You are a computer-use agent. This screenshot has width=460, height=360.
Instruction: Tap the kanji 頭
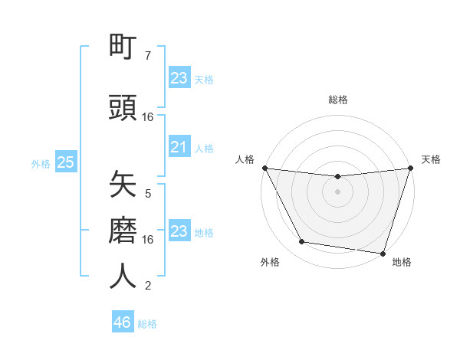[123, 108]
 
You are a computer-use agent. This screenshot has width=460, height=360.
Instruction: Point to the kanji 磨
[123, 231]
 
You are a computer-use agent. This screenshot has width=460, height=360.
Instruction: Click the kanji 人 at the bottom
[123, 276]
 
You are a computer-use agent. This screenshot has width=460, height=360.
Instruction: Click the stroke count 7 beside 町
[148, 56]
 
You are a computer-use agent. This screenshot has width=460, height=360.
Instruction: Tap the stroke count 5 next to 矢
[148, 194]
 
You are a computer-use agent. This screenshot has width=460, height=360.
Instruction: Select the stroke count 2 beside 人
[148, 286]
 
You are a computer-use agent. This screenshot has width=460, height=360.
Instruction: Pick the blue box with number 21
[179, 147]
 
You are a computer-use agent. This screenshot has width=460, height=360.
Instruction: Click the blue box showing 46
[122, 322]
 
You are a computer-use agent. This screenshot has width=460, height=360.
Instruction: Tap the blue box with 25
[65, 162]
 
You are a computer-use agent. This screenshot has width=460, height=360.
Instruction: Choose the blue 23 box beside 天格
[179, 78]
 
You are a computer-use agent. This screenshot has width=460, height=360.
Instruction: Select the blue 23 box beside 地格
[179, 231]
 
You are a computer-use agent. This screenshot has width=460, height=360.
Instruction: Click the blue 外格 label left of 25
[41, 163]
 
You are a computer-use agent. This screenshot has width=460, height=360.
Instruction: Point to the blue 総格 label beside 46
[147, 324]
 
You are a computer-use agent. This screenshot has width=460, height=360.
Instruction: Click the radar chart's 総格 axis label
[337, 100]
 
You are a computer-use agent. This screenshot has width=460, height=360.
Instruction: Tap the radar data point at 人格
[264, 168]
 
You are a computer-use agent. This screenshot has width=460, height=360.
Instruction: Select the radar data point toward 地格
[382, 253]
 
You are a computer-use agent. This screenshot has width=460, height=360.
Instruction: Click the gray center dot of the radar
[337, 191]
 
